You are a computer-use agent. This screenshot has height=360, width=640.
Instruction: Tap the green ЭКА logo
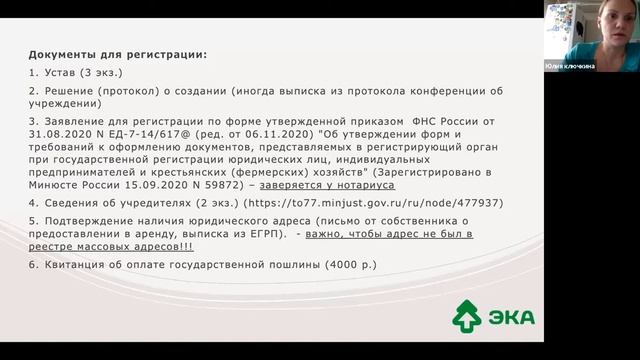[493, 316]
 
